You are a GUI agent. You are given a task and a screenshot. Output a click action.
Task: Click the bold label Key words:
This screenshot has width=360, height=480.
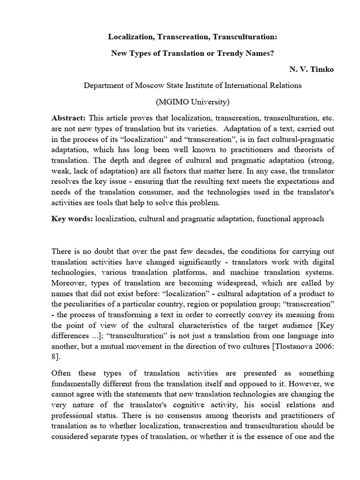[72, 219]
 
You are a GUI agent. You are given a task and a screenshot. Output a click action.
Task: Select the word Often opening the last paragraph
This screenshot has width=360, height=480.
[62, 373]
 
